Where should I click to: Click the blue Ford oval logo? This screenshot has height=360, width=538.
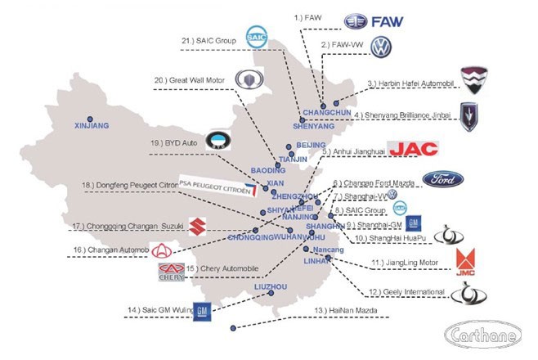(x=443, y=180)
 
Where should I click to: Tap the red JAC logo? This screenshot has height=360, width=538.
(x=413, y=148)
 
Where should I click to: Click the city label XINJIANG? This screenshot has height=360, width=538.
(x=91, y=126)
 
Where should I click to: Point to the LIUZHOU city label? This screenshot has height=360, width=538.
(x=271, y=287)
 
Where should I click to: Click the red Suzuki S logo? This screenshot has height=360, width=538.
(x=195, y=226)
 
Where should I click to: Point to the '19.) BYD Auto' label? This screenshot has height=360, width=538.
(x=174, y=142)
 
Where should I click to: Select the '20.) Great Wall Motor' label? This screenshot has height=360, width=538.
(x=195, y=80)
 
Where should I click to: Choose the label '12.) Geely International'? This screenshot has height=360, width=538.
(x=406, y=291)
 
